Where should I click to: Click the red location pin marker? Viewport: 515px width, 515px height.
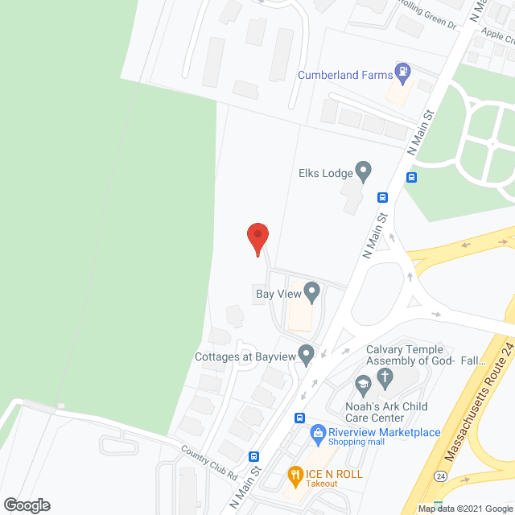257,237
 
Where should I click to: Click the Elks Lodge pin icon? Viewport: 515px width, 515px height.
364,170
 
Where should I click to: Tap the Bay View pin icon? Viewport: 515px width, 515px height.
311,290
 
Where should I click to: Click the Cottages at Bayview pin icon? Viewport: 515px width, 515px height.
306,353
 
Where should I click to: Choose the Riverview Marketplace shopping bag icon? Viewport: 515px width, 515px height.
318,433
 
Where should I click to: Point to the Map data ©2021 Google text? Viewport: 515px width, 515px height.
464,509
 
